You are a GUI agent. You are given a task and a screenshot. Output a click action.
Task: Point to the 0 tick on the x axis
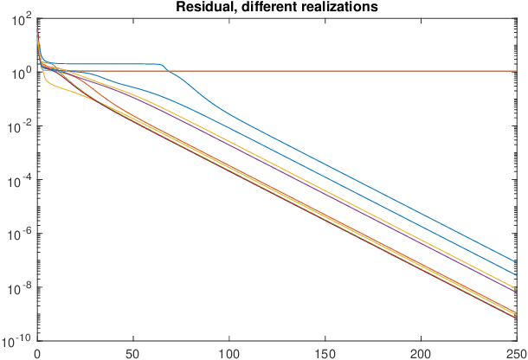(37, 353)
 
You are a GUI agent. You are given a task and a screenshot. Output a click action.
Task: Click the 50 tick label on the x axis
(133, 353)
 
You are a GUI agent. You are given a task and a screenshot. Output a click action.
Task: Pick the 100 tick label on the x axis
(229, 353)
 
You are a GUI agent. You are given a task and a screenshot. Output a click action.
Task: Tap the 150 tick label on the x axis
(325, 353)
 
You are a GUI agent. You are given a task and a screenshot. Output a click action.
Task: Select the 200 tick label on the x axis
(422, 353)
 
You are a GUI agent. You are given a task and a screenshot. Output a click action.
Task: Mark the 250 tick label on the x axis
(516, 353)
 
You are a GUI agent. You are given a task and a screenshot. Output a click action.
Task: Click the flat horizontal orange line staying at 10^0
(346, 71)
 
